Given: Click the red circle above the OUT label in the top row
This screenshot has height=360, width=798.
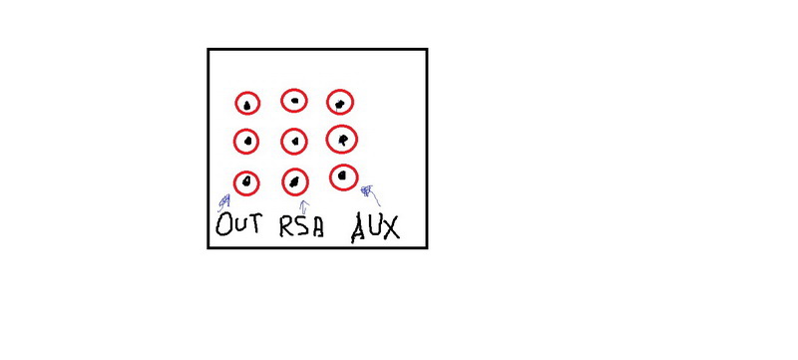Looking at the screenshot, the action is [247, 93].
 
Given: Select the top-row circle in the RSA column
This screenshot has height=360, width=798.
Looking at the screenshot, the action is [294, 90].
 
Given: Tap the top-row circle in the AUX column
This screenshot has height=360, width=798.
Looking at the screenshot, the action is [340, 91].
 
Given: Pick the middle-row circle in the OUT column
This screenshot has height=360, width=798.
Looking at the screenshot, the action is [246, 131].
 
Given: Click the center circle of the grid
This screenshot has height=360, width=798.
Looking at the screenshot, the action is [293, 130].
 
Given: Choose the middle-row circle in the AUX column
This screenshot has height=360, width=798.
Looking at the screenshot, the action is [341, 126].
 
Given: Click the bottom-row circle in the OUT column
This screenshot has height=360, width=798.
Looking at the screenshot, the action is [246, 172].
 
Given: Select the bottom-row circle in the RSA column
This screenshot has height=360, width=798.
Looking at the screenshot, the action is [295, 170].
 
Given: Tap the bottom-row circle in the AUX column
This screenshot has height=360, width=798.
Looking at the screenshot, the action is [344, 166].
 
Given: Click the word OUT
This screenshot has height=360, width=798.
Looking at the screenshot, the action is [239, 224].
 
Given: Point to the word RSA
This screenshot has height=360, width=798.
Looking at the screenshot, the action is [301, 227].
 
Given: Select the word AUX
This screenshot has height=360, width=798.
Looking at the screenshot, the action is [376, 228].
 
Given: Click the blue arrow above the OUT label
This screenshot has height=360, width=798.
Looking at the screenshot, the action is [223, 202].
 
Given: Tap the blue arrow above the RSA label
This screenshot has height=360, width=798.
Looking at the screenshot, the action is [304, 207].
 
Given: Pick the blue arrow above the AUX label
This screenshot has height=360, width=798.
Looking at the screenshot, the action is [370, 195].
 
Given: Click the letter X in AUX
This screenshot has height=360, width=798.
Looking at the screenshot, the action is [390, 227].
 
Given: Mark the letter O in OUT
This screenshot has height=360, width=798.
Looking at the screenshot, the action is [223, 224].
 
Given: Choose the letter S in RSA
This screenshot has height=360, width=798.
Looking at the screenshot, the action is [302, 227].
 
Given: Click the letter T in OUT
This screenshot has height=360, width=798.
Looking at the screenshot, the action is [255, 223].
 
